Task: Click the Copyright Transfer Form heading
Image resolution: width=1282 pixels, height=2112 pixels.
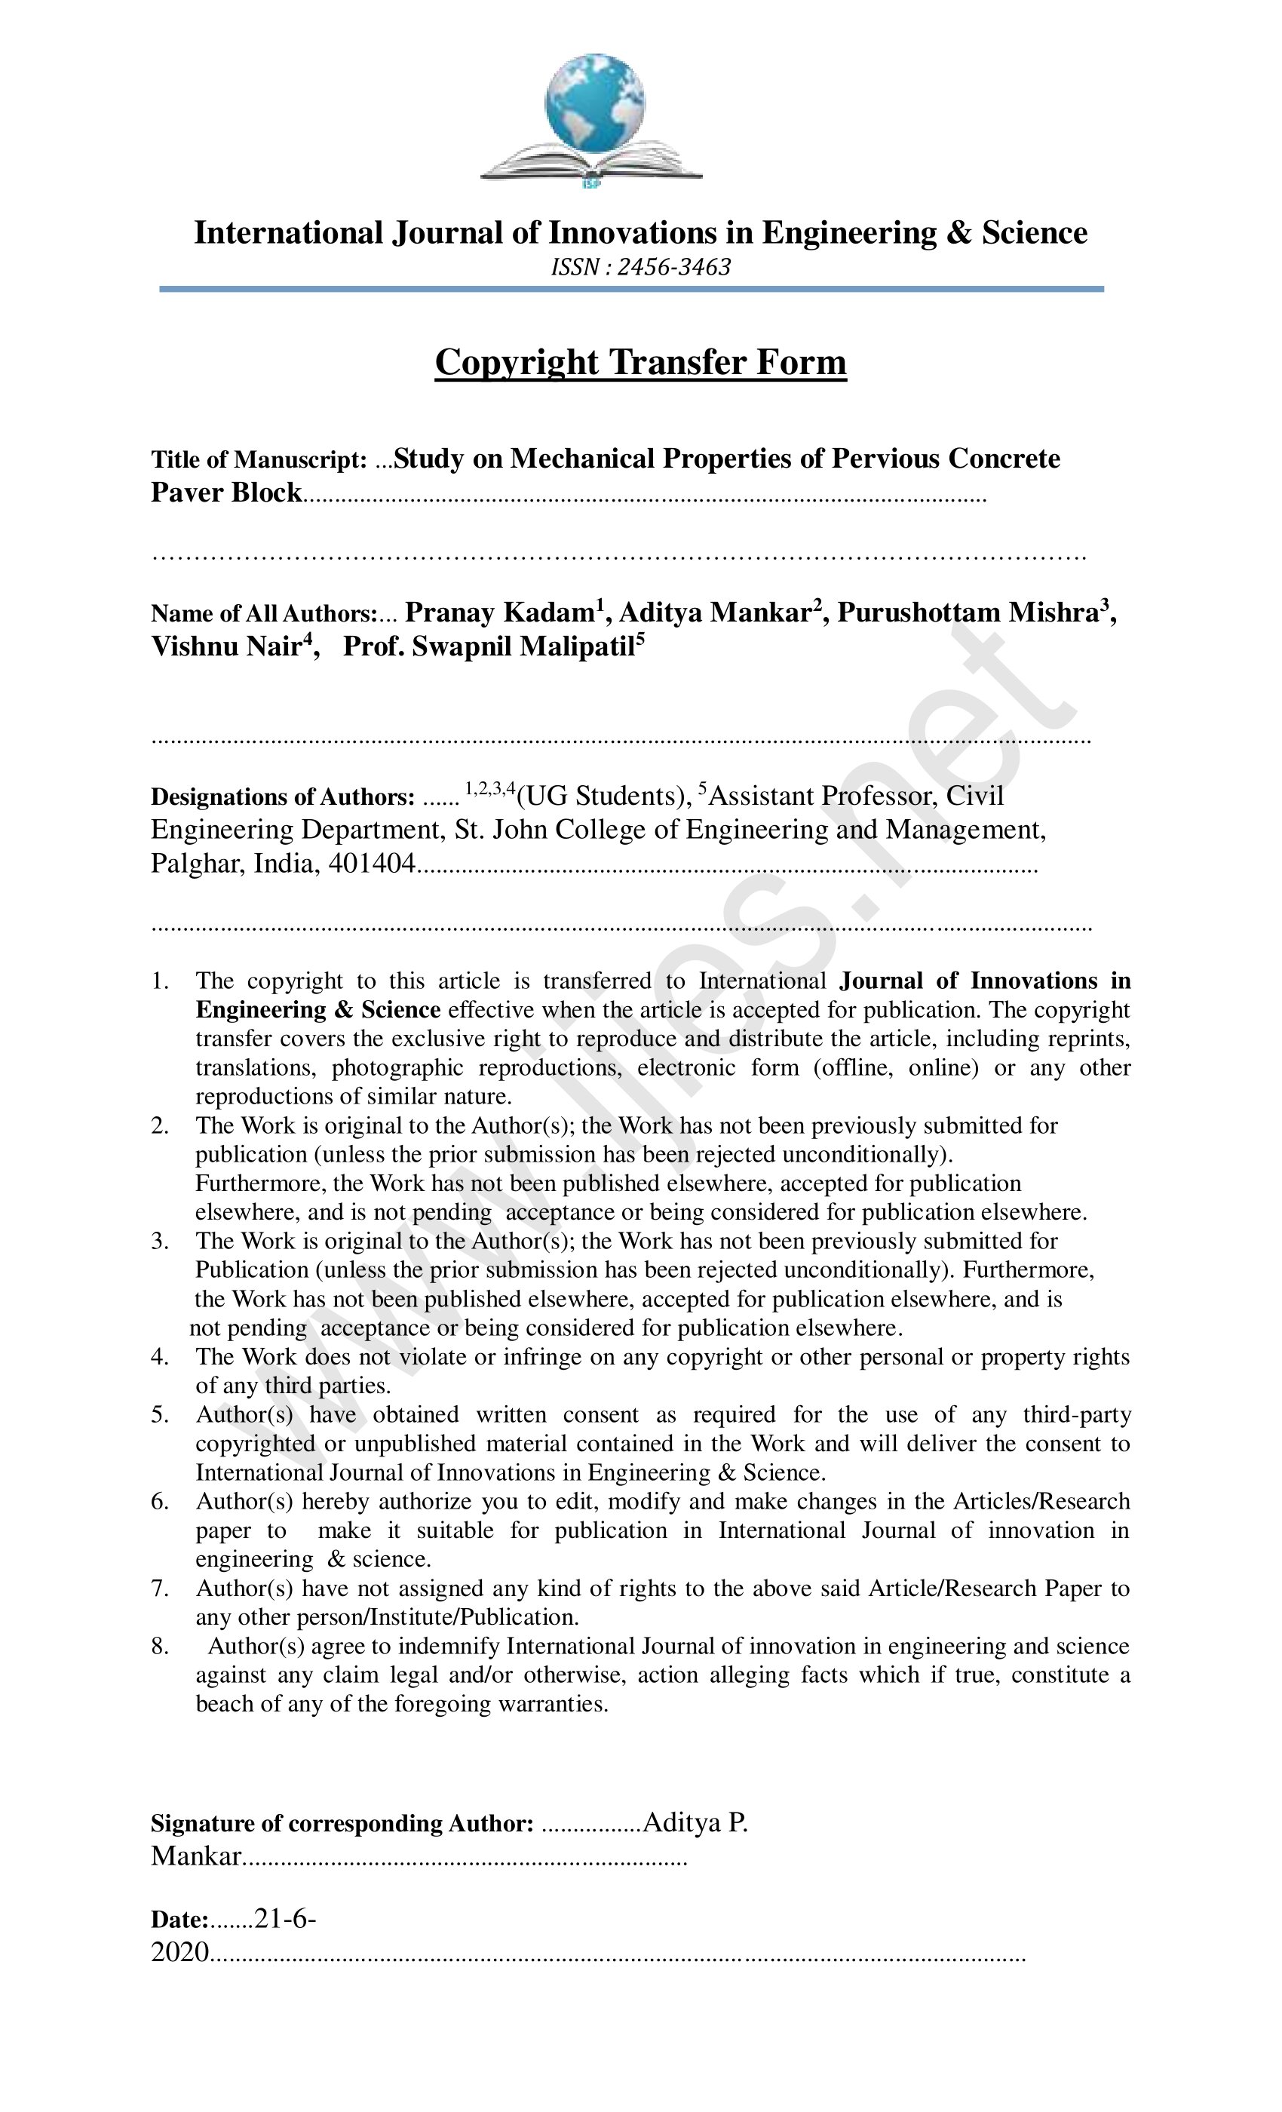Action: tap(640, 362)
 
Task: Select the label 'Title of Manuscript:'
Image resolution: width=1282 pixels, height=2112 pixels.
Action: tap(259, 460)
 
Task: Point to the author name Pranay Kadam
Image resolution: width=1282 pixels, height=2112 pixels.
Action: tap(498, 612)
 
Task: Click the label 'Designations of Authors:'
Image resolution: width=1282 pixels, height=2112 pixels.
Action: tap(283, 797)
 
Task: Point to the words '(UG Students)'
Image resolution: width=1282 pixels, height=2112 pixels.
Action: tap(603, 797)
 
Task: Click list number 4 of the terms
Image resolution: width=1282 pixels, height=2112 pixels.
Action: tap(159, 1357)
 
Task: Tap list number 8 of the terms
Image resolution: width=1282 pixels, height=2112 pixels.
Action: tap(159, 1647)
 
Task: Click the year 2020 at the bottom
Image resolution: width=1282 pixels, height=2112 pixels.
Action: tap(180, 1952)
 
